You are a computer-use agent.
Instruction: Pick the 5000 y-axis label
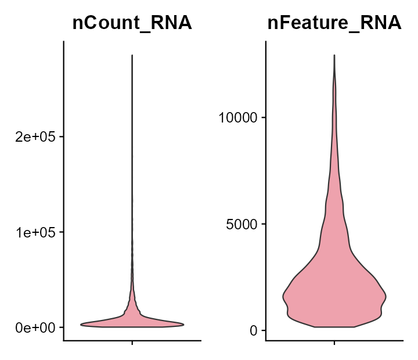click(x=242, y=224)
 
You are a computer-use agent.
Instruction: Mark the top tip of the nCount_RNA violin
click(x=132, y=56)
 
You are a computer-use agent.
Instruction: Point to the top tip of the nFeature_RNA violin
click(x=334, y=56)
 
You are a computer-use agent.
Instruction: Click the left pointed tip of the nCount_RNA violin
click(x=81, y=324)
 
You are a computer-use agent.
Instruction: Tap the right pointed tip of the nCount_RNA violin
click(x=183, y=324)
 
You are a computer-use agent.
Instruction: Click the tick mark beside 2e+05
click(x=61, y=137)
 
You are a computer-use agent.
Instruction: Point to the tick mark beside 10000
click(x=264, y=118)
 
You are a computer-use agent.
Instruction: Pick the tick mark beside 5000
click(x=264, y=224)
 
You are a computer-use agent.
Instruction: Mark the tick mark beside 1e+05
click(x=61, y=232)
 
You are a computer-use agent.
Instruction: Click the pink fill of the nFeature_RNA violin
click(x=334, y=290)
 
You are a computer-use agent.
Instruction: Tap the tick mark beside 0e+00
click(x=61, y=327)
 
